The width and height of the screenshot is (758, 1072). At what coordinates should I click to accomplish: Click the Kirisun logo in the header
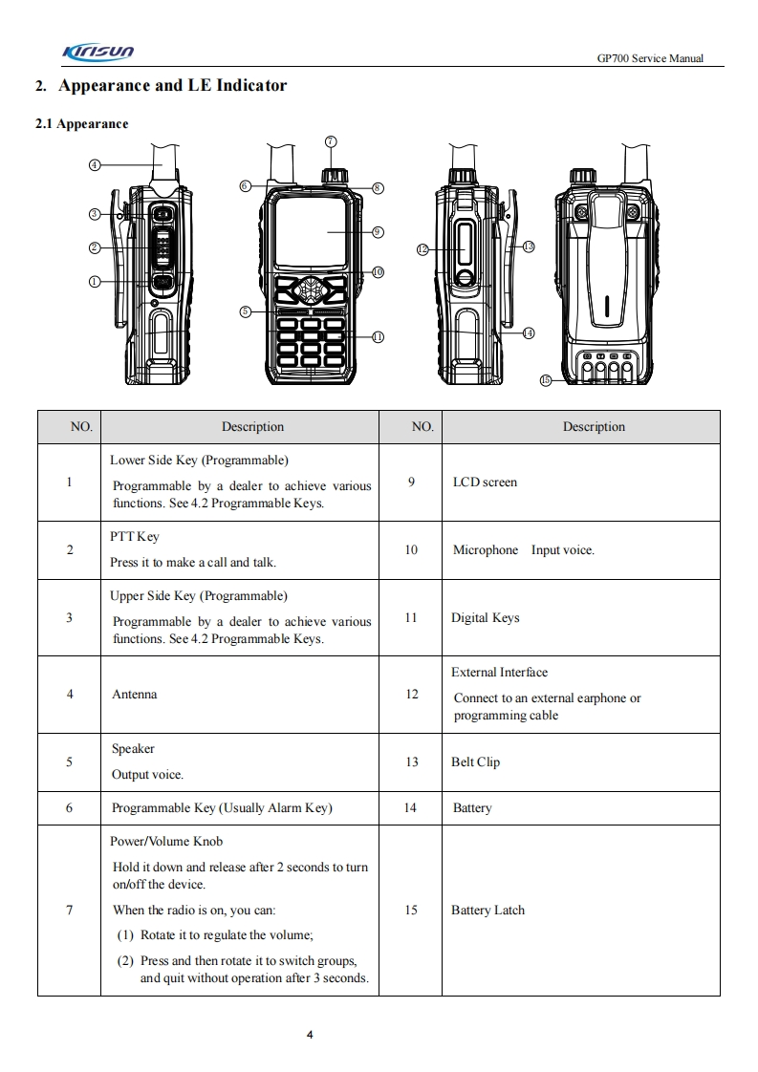(97, 52)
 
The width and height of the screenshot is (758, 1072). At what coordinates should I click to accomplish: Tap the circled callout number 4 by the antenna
(94, 164)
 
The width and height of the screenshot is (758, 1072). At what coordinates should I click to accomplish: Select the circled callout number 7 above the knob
(331, 141)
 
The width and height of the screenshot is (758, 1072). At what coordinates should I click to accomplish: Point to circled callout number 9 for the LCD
(378, 231)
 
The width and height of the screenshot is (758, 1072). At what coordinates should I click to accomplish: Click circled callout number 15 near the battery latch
(546, 379)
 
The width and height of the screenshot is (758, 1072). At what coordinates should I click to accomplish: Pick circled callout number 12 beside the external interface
(423, 249)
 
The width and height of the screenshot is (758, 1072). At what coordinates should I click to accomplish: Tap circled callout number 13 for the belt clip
(529, 247)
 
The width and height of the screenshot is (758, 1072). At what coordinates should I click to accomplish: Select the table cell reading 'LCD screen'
(485, 482)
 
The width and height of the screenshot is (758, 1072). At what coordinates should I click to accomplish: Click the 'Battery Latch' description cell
(487, 911)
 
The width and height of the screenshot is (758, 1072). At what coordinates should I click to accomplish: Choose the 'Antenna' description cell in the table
(134, 695)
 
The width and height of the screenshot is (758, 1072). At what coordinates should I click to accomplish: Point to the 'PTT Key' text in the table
(135, 537)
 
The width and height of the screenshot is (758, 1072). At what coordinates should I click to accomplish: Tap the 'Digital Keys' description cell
(485, 618)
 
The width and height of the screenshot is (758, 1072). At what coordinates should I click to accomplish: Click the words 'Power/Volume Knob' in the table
(167, 842)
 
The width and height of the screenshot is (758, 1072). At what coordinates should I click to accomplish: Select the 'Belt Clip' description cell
(475, 762)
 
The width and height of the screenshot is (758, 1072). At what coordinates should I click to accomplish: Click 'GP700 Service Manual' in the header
(650, 58)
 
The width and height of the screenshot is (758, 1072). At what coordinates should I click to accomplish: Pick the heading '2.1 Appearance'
(81, 124)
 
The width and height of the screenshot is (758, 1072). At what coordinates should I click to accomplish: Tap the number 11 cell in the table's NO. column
(411, 618)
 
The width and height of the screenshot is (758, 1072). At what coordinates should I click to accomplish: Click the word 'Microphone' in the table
(486, 550)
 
